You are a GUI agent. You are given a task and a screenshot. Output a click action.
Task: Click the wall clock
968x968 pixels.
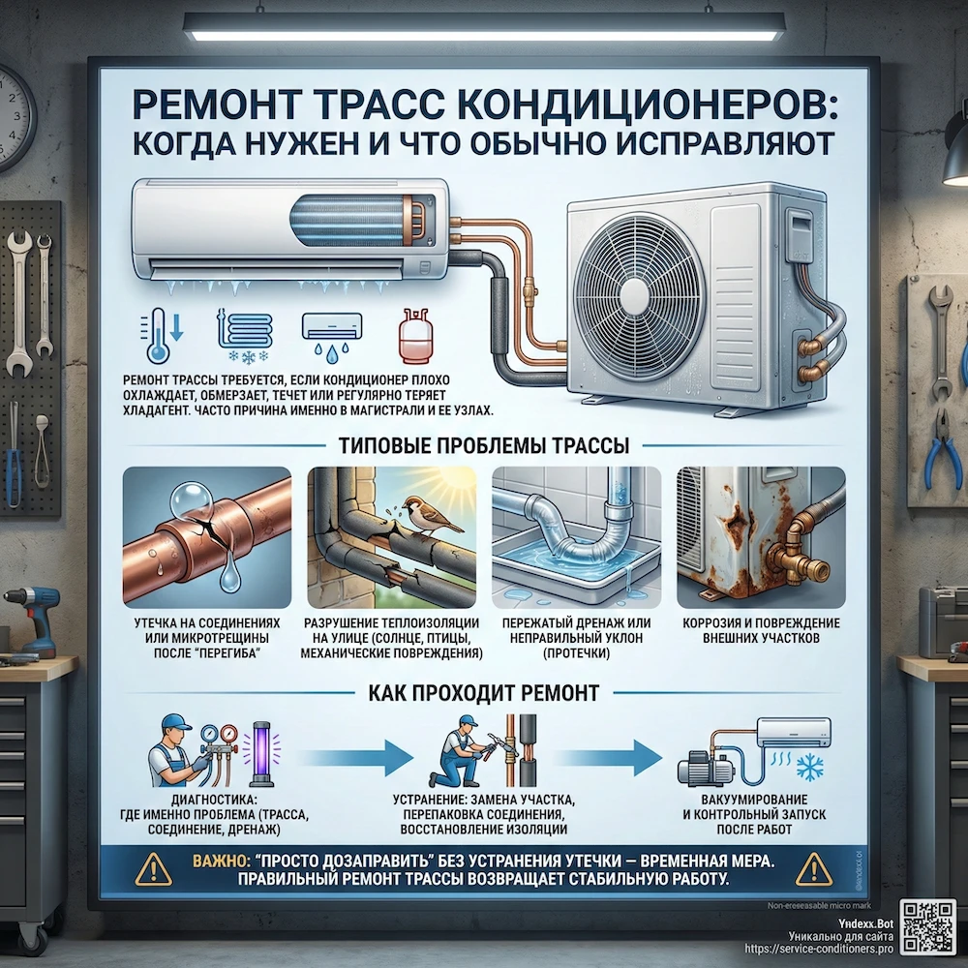(x=12, y=117)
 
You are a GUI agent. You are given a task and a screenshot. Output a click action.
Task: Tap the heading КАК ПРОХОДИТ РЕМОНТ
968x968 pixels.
(x=483, y=693)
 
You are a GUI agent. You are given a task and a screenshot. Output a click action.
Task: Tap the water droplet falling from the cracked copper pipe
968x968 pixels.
(x=229, y=578)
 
